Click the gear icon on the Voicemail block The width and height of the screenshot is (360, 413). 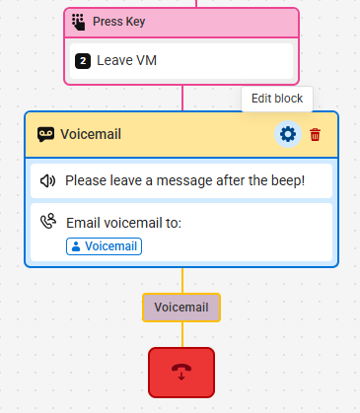(288, 134)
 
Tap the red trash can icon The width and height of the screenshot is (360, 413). (315, 135)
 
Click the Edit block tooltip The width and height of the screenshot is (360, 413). (277, 99)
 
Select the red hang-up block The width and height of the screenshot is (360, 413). (181, 373)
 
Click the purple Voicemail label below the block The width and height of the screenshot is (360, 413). (181, 308)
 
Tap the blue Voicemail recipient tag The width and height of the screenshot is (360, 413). (104, 246)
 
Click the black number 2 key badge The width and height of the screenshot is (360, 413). (83, 61)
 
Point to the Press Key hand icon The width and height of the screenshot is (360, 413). (78, 22)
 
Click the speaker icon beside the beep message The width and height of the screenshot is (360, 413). (47, 180)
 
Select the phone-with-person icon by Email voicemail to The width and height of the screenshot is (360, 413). (48, 221)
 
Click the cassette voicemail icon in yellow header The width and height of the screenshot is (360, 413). (45, 134)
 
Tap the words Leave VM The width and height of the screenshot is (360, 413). (126, 60)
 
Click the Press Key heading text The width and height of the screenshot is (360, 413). (119, 22)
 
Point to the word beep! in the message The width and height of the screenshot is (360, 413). (288, 180)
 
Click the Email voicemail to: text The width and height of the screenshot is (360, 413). (123, 223)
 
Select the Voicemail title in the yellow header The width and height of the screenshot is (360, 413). (91, 134)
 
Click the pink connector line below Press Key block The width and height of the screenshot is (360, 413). (182, 98)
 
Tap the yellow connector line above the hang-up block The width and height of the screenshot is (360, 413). (182, 334)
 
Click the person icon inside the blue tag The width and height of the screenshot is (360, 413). (76, 246)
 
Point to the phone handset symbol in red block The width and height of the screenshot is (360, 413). (181, 372)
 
